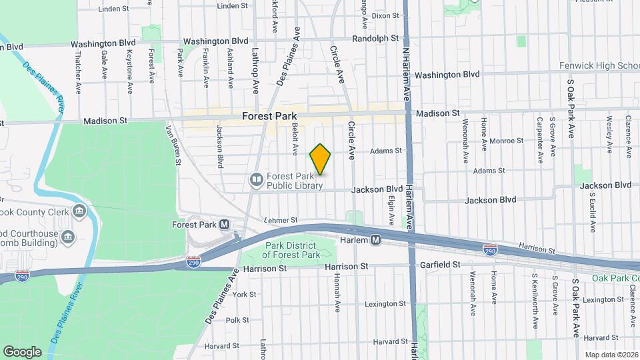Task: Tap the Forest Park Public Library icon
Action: (x=256, y=179)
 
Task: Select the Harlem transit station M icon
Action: (x=376, y=239)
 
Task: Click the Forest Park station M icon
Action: (x=224, y=225)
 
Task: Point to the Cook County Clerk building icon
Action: (x=79, y=212)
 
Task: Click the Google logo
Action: (x=22, y=351)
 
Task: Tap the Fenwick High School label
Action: (x=601, y=65)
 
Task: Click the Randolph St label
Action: (x=375, y=39)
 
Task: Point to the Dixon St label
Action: (x=385, y=15)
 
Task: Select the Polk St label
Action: (x=237, y=320)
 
